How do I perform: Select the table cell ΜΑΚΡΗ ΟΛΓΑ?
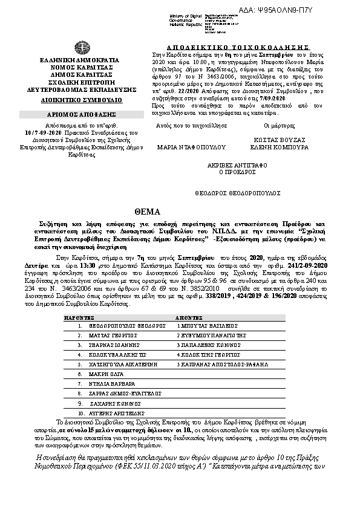[x=100, y=375]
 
